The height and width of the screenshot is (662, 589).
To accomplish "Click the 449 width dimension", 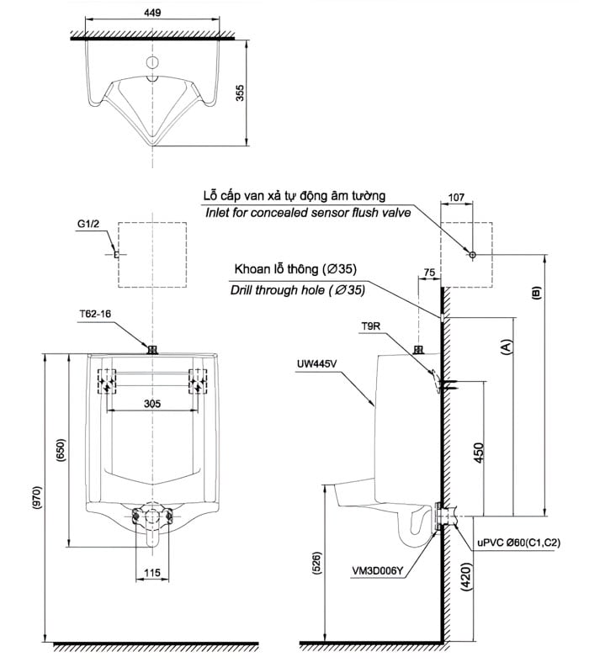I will point(153,13).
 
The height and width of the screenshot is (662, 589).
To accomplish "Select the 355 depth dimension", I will point(241,93).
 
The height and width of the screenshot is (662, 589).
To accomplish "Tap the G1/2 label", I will point(88,225).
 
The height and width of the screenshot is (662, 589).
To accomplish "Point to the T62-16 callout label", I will point(95,314).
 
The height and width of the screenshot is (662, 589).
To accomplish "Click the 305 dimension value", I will point(151,404).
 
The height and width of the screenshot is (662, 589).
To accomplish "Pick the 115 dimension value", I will point(151,573).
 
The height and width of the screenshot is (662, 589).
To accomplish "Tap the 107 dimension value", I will point(458,198).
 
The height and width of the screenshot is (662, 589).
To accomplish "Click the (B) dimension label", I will point(535,294).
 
